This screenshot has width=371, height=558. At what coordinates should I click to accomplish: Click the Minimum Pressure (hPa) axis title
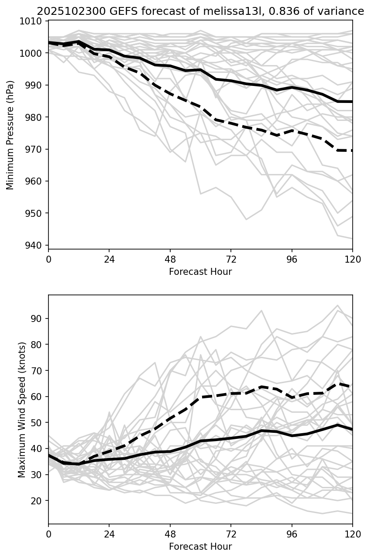pyautogui.click(x=10, y=135)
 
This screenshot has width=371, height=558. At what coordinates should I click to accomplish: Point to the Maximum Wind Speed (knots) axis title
pyautogui.click(x=22, y=409)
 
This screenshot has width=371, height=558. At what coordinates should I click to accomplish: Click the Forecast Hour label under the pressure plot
pyautogui.click(x=200, y=272)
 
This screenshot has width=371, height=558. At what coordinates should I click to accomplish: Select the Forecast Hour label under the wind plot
pyautogui.click(x=200, y=547)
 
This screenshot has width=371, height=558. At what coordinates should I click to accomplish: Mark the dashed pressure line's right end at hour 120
pyautogui.click(x=352, y=151)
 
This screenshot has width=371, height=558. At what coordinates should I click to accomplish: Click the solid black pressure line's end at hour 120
pyautogui.click(x=352, y=102)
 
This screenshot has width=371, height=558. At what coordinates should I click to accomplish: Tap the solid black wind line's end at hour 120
pyautogui.click(x=352, y=429)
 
